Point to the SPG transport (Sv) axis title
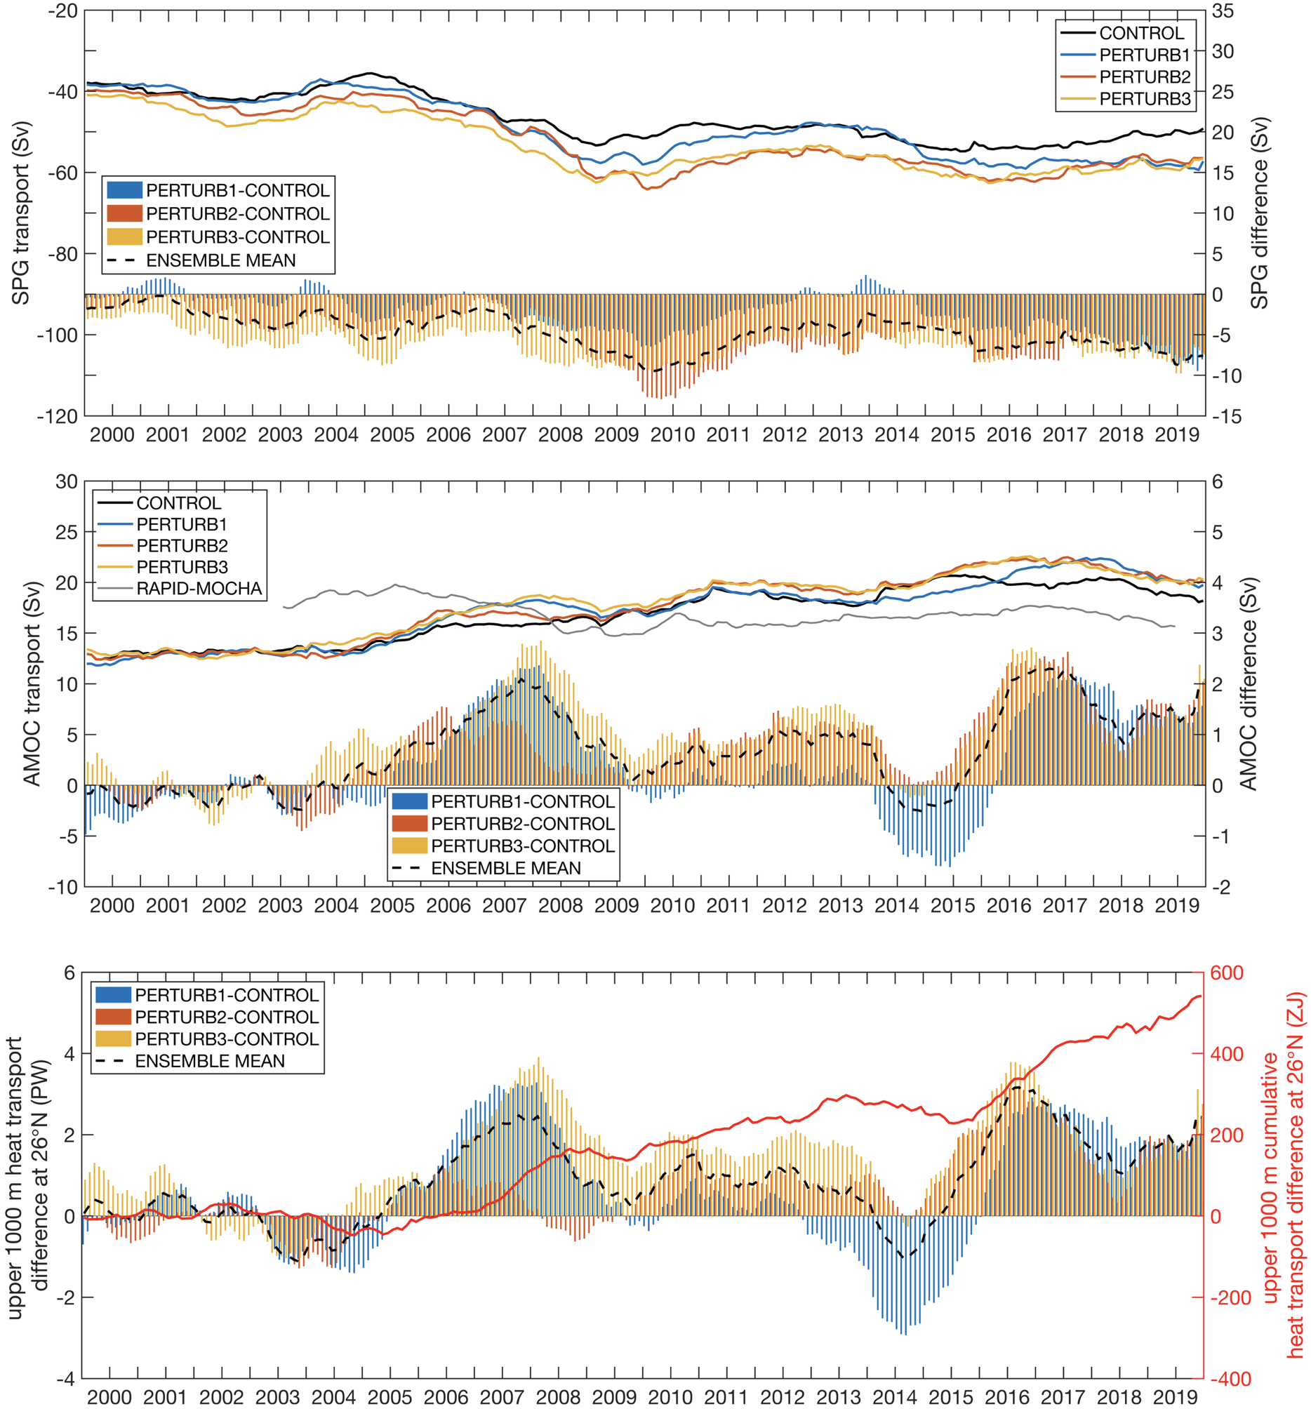(x=21, y=213)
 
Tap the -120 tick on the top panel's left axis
(x=58, y=417)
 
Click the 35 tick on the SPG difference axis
(x=1223, y=11)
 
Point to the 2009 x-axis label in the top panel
(x=615, y=435)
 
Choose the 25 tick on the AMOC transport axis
(x=67, y=533)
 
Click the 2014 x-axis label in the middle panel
(x=896, y=906)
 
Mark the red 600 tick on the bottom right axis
(x=1226, y=973)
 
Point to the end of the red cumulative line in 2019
(x=1201, y=996)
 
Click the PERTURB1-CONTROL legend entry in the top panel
(x=237, y=190)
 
